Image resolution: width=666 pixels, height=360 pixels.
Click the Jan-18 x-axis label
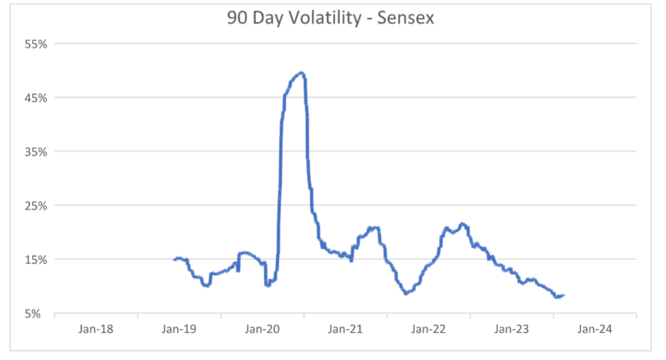pyautogui.click(x=97, y=329)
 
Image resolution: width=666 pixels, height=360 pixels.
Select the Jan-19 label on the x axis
pyautogui.click(x=179, y=329)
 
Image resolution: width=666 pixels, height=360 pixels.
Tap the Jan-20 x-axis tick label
pyautogui.click(x=262, y=329)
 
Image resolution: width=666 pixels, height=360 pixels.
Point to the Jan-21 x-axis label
pyautogui.click(x=346, y=329)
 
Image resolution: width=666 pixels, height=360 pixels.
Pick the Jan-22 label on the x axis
pyautogui.click(x=428, y=329)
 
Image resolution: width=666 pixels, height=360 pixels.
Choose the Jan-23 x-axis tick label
pyautogui.click(x=511, y=329)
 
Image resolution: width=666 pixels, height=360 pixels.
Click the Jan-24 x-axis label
pyautogui.click(x=595, y=329)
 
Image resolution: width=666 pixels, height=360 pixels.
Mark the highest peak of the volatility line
pyautogui.click(x=301, y=72)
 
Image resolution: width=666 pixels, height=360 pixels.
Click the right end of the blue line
pyautogui.click(x=564, y=295)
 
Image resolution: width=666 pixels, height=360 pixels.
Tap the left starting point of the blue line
pyautogui.click(x=174, y=259)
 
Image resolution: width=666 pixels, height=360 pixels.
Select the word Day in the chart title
pyautogui.click(x=272, y=18)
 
